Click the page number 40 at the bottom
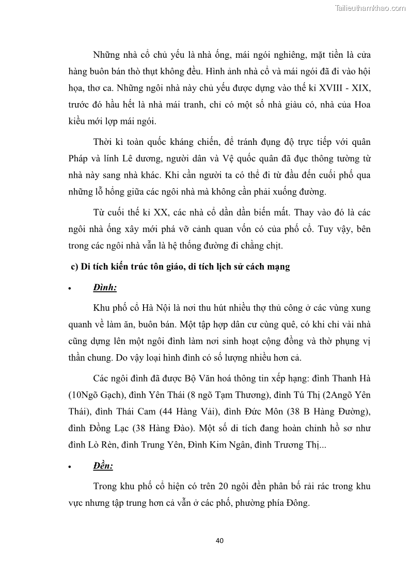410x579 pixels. pos(219,540)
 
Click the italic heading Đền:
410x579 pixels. pos(103,466)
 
